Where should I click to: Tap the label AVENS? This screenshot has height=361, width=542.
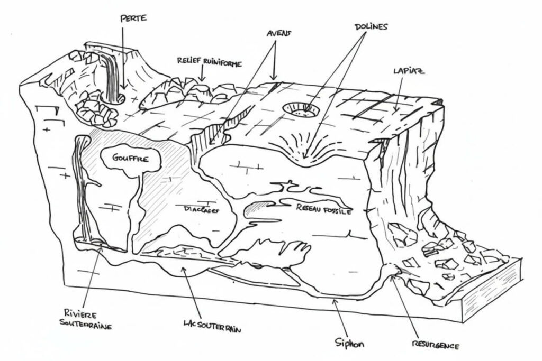[278, 33]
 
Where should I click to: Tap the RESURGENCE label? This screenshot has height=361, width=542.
[435, 346]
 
